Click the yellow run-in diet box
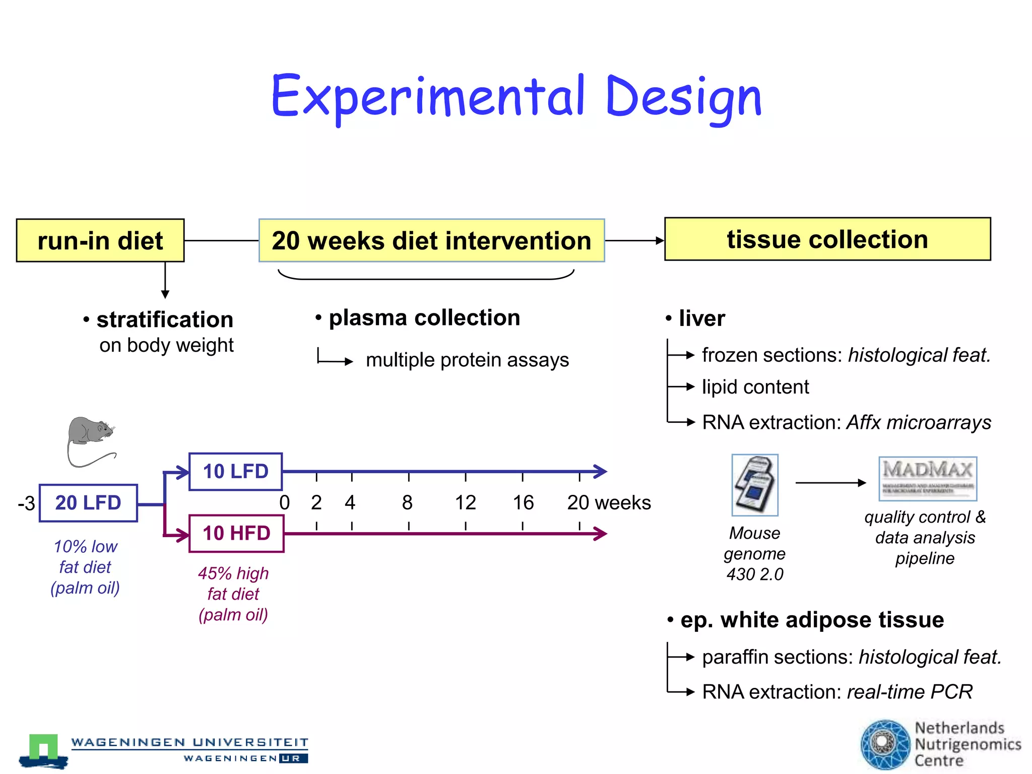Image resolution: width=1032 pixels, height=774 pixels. tap(100, 240)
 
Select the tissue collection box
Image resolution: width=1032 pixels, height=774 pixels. tap(827, 239)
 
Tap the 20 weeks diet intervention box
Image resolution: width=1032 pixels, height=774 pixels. tap(431, 240)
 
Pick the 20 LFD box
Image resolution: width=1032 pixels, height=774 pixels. tap(88, 503)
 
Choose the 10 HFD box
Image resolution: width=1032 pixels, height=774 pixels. tap(236, 534)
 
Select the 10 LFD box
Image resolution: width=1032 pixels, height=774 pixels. tap(235, 472)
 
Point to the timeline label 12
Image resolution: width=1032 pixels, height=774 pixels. tap(465, 503)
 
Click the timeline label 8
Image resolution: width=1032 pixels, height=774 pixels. tap(407, 503)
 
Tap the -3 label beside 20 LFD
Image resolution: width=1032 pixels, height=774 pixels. tap(26, 503)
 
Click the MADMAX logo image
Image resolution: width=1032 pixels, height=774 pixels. tap(928, 478)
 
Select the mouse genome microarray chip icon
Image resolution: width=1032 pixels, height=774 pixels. tap(755, 485)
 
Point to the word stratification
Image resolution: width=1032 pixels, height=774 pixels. tap(165, 319)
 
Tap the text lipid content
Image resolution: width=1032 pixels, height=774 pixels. tap(755, 387)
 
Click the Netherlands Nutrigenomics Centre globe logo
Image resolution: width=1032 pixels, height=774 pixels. tap(885, 744)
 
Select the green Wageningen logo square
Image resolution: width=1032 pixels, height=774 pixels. tap(43, 747)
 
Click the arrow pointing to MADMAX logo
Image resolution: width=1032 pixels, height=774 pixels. tap(830, 483)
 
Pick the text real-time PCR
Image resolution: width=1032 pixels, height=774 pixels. tap(910, 692)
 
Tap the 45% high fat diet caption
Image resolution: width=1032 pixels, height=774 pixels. tap(233, 594)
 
